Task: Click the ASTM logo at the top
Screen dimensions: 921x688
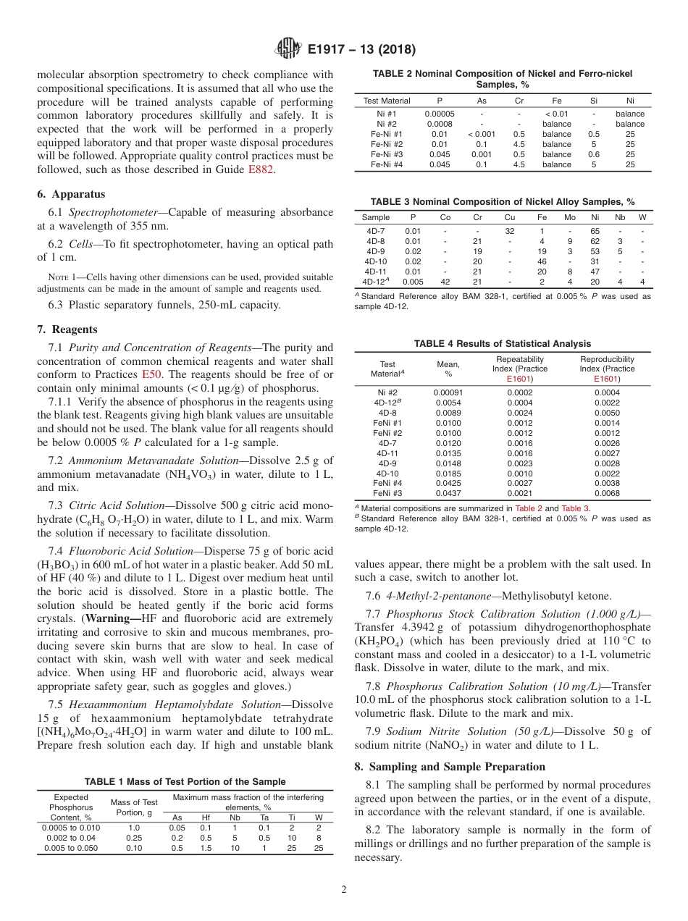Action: tap(288, 50)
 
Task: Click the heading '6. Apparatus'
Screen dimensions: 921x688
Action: tap(71, 194)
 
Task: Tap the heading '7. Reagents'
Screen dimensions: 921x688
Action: tap(67, 329)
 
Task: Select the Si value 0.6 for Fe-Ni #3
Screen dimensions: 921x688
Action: tap(594, 154)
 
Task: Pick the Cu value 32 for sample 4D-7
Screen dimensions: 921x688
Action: tap(510, 231)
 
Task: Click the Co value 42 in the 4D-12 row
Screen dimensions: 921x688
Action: tap(445, 282)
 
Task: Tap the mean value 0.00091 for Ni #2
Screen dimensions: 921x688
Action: tap(448, 392)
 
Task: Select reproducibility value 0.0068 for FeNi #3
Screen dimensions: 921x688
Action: tap(606, 493)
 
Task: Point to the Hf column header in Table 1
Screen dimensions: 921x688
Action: tap(206, 817)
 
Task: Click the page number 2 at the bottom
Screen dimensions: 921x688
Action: tap(343, 890)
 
